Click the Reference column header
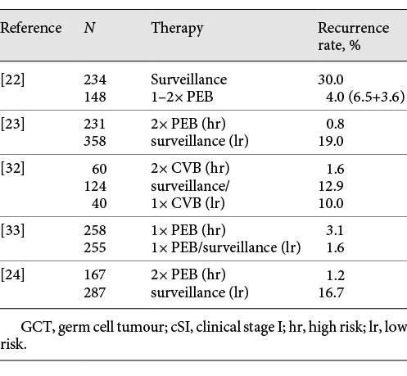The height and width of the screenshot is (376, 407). click(31, 28)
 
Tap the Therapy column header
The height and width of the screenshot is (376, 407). click(177, 28)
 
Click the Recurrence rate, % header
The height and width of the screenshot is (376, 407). click(349, 36)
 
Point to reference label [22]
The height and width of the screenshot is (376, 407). click(13, 80)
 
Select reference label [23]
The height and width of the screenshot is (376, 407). click(13, 125)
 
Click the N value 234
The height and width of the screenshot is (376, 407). click(97, 80)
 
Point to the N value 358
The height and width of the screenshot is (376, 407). click(97, 140)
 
